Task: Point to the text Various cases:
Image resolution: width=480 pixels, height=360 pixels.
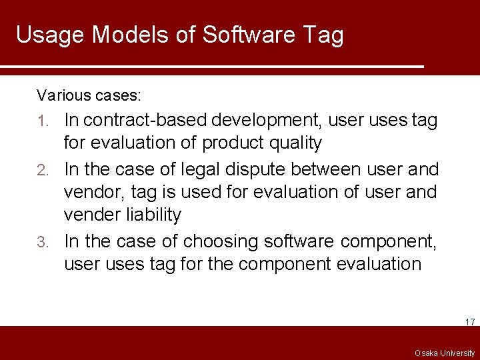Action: tap(89, 95)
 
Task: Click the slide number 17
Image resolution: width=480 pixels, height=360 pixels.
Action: tap(469, 322)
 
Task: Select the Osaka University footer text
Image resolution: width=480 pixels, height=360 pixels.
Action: tap(444, 353)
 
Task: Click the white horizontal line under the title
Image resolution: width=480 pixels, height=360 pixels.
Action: tap(212, 67)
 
